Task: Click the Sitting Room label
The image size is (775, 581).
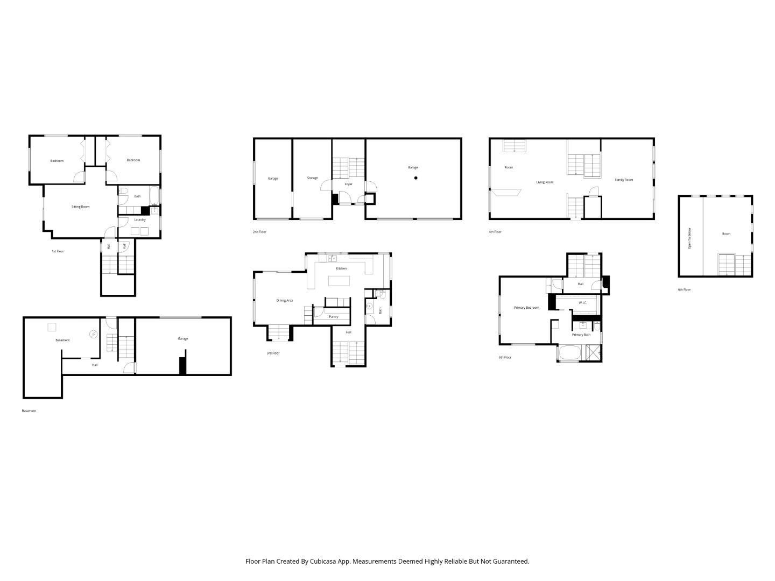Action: click(x=81, y=207)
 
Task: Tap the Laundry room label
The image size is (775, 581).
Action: click(x=140, y=219)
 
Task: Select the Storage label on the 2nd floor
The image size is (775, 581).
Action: click(x=312, y=178)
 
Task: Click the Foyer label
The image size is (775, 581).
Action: click(x=349, y=184)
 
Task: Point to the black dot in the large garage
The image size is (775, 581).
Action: click(x=415, y=178)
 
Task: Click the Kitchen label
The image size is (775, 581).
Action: click(x=341, y=268)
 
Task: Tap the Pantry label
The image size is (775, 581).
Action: click(x=334, y=317)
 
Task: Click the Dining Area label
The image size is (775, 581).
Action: click(x=285, y=300)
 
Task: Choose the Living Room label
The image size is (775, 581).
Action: click(x=545, y=182)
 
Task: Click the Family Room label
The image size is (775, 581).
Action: click(x=624, y=180)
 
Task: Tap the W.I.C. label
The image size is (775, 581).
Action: click(x=583, y=303)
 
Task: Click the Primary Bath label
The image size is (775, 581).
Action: click(x=581, y=335)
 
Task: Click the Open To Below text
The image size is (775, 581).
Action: click(x=690, y=238)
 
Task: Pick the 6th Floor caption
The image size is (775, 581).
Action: click(x=684, y=289)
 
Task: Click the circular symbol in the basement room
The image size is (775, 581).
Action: click(x=94, y=334)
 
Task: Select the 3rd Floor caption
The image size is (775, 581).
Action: click(x=273, y=353)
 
